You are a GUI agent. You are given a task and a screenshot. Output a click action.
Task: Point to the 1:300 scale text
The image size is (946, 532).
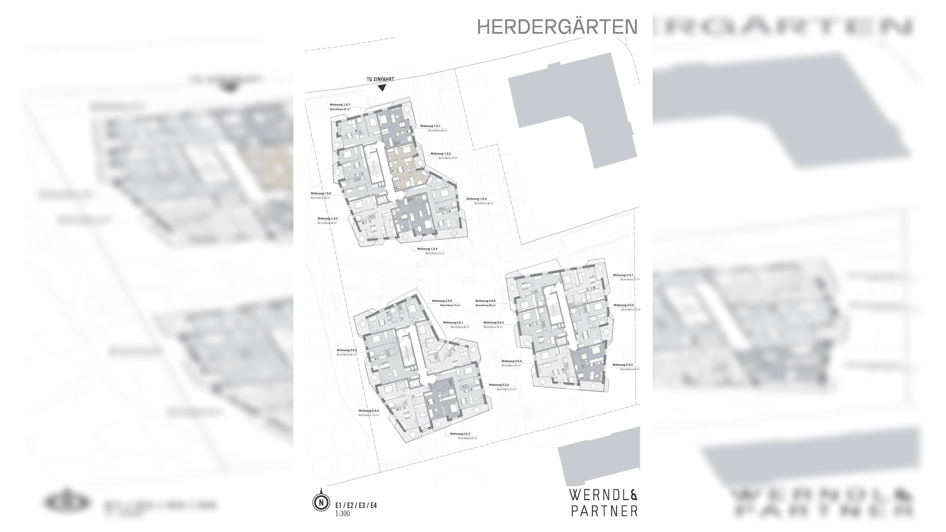(342, 513)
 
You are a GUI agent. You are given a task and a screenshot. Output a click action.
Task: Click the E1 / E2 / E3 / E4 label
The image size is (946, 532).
(356, 506)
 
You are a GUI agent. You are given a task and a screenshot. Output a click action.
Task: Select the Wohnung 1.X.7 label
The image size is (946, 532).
(340, 105)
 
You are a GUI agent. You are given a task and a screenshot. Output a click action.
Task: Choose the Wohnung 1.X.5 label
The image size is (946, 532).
(328, 218)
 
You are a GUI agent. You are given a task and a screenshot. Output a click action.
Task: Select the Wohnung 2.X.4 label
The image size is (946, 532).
(369, 410)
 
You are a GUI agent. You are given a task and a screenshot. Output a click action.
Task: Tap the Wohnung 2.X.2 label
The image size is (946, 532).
(498, 385)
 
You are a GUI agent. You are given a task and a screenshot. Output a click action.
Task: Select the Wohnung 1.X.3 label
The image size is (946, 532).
(476, 199)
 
